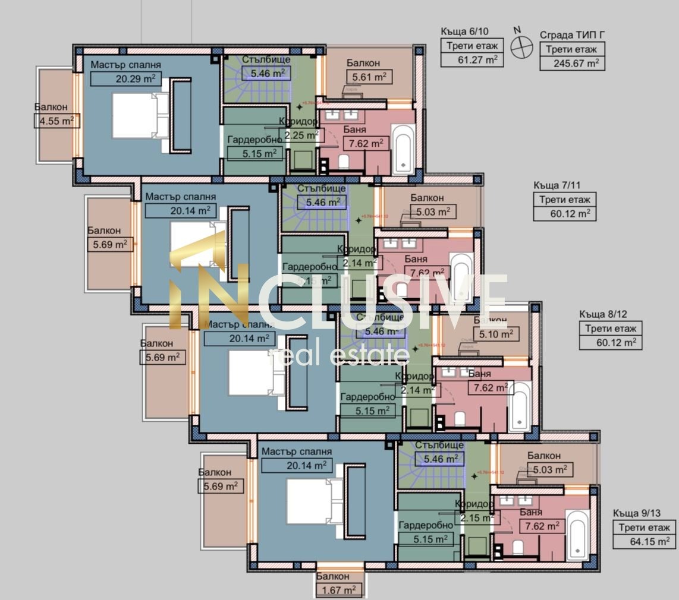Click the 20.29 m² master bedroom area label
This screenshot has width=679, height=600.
tap(126, 78)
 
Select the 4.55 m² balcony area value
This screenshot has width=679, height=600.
tap(57, 121)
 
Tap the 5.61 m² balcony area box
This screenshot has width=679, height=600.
tap(369, 76)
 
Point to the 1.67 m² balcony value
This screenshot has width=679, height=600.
tap(339, 590)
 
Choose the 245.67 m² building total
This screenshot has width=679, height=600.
tap(572, 63)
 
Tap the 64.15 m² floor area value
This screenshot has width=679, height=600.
tap(645, 541)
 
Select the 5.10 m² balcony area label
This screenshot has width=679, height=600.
tap(496, 334)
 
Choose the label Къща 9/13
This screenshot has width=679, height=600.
tap(637, 513)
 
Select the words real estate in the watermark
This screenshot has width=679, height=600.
tap(339, 355)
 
